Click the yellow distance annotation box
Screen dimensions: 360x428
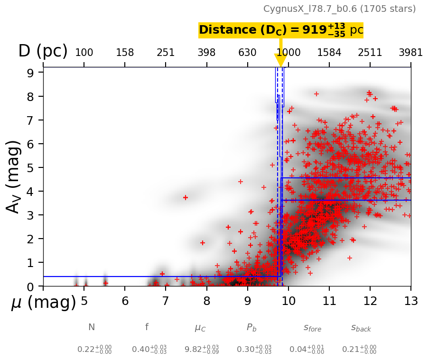pos(280,30)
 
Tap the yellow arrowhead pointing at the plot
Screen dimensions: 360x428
pos(280,60)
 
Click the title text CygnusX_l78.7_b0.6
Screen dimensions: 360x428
pos(339,9)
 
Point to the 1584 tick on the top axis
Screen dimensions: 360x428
pos(329,53)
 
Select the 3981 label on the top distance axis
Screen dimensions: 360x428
pos(410,53)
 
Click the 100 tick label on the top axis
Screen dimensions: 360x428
pos(84,53)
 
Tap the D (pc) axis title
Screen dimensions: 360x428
pos(43,51)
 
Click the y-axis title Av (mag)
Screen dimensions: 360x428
pos(14,176)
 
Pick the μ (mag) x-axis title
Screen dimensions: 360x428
pos(43,302)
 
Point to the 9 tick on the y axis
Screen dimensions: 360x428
pos(29,73)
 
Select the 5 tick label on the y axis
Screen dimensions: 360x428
pos(29,167)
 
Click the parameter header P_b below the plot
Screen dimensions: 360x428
pos(251,327)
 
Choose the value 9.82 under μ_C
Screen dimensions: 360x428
pos(195,350)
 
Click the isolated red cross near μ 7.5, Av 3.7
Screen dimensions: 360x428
pos(186,197)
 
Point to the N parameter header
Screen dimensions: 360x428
pos(92,327)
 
